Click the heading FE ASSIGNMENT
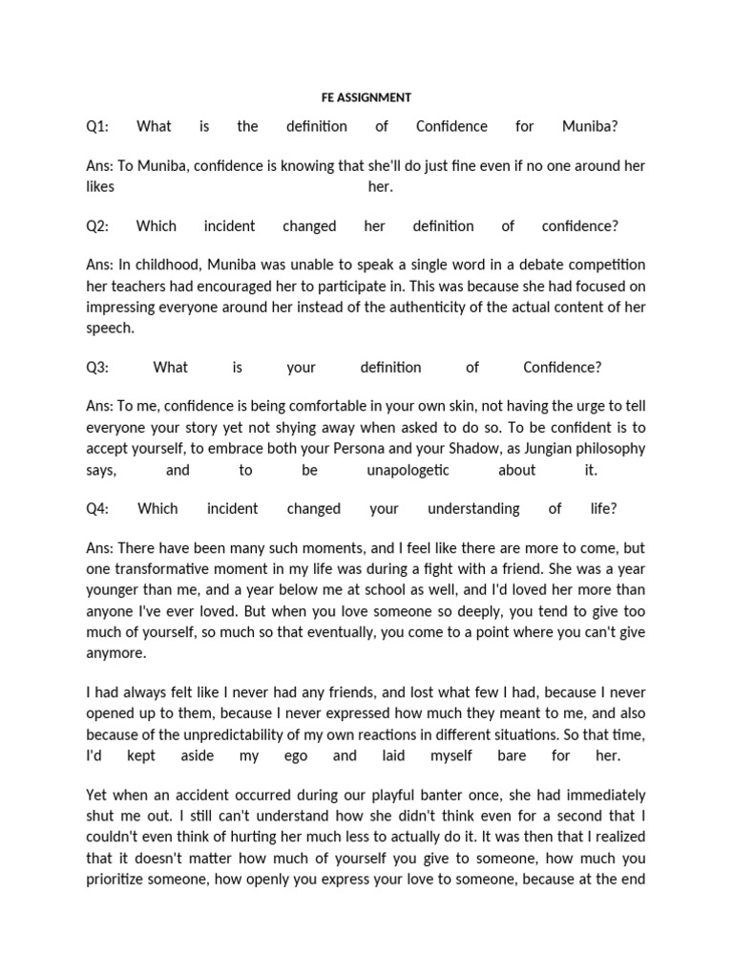pos(366,97)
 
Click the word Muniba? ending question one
pos(590,126)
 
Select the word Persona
pos(352,449)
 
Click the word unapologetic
pos(408,470)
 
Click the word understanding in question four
pos(473,509)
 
